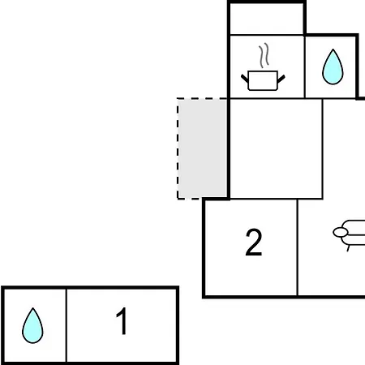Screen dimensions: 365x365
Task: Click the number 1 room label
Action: pyautogui.click(x=122, y=321)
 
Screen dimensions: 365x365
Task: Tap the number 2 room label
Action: pyautogui.click(x=254, y=242)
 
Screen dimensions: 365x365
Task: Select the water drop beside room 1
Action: pyautogui.click(x=32, y=325)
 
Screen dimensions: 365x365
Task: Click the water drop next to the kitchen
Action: pyautogui.click(x=333, y=67)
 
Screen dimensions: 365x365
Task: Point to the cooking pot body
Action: pyautogui.click(x=263, y=80)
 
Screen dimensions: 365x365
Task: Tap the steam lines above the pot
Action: pyautogui.click(x=264, y=55)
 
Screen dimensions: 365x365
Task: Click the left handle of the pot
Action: pyautogui.click(x=244, y=79)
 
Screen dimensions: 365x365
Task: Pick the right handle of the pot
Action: pyautogui.click(x=281, y=79)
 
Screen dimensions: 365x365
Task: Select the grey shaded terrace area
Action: pyautogui.click(x=202, y=148)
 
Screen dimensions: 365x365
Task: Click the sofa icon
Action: pyautogui.click(x=349, y=234)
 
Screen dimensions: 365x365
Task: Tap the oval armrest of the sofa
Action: pyautogui.click(x=341, y=232)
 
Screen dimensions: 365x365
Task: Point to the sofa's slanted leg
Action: pyautogui.click(x=349, y=248)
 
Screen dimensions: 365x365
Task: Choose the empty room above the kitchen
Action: pyautogui.click(x=267, y=19)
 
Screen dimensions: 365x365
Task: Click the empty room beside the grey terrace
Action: pyautogui.click(x=276, y=148)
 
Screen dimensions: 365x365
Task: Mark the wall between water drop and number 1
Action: pyautogui.click(x=67, y=325)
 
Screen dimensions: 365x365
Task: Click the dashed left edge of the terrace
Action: pyautogui.click(x=178, y=148)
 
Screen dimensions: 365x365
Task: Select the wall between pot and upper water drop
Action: pyautogui.click(x=304, y=67)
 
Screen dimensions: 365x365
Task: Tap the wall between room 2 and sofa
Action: pyautogui.click(x=298, y=247)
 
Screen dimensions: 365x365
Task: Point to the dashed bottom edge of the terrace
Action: pyautogui.click(x=190, y=199)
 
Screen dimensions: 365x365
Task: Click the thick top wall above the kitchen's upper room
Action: pyautogui.click(x=267, y=2)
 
